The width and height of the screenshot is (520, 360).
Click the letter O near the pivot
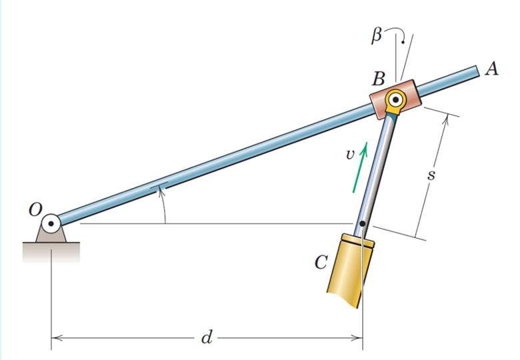pos(34,209)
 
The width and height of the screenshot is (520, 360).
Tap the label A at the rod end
pos(493,69)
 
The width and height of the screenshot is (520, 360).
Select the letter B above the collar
pos(379,78)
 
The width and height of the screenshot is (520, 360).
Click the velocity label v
pos(349,154)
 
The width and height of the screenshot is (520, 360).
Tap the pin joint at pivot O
pos(51,223)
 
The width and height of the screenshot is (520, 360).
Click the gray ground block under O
pos(51,251)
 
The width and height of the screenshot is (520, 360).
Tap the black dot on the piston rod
pos(361,224)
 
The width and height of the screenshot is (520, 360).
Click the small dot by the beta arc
pos(402,39)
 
